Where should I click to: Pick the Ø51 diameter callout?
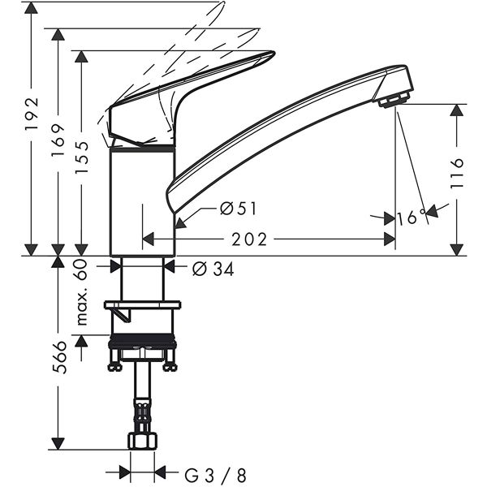coord(238,209)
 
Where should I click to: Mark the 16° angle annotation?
coord(412,217)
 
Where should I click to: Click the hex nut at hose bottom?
coord(142,441)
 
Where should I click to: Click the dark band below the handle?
coord(142,149)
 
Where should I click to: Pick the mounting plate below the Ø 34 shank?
coord(142,305)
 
